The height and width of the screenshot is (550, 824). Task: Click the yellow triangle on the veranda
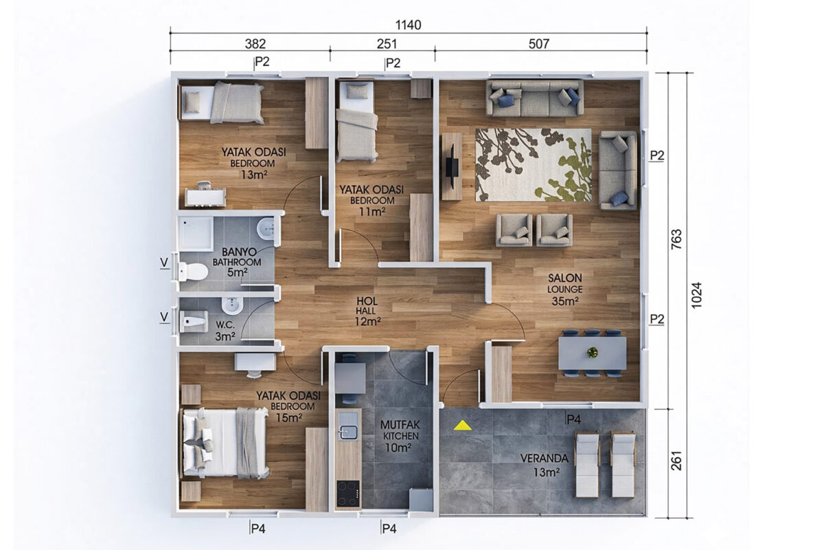click(463, 426)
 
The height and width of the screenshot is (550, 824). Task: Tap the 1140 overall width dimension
click(409, 25)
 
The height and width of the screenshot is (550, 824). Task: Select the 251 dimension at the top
click(387, 44)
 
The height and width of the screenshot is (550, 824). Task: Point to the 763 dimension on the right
click(676, 239)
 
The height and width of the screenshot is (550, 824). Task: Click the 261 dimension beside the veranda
click(676, 461)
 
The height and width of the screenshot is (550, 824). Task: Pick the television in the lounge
click(452, 166)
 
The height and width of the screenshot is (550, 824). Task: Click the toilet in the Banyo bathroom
click(193, 271)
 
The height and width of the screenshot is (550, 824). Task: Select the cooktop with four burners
click(348, 494)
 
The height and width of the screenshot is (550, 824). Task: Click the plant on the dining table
click(592, 353)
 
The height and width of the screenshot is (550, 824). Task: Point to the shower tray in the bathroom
click(196, 234)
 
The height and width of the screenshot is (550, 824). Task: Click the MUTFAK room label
click(400, 425)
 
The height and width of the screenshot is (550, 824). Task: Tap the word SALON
click(565, 278)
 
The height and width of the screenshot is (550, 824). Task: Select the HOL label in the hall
click(367, 301)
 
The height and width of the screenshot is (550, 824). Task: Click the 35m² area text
click(565, 301)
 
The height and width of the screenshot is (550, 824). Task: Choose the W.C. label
click(225, 325)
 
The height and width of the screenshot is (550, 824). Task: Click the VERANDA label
click(544, 459)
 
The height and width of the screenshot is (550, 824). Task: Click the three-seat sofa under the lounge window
click(535, 98)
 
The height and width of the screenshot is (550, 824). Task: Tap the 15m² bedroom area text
click(289, 418)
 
